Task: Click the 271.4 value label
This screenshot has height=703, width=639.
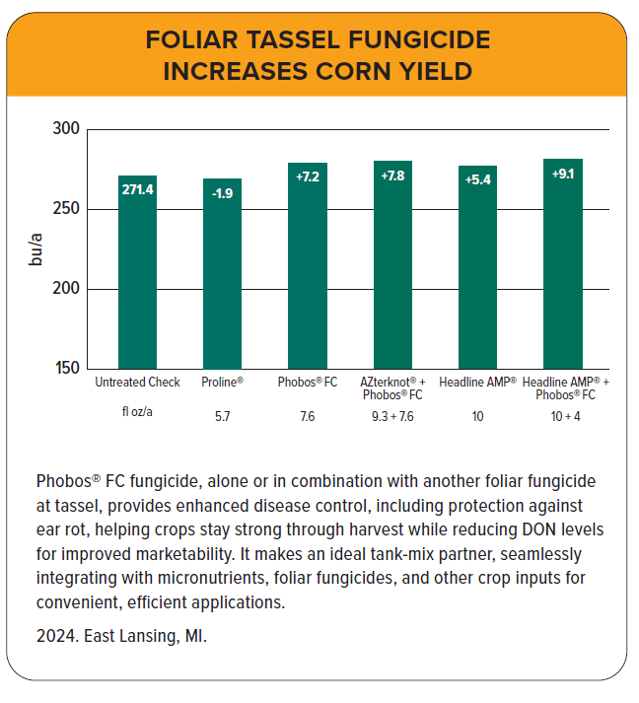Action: pyautogui.click(x=137, y=189)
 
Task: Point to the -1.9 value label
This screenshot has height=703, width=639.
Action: pyautogui.click(x=222, y=192)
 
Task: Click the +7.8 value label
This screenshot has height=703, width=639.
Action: pyautogui.click(x=392, y=176)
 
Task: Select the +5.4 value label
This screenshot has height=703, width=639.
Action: pyautogui.click(x=478, y=179)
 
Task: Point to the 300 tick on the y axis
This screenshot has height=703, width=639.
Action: pyautogui.click(x=65, y=129)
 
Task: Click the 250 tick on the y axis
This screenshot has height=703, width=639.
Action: pyautogui.click(x=65, y=209)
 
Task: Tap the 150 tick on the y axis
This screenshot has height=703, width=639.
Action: pyautogui.click(x=65, y=369)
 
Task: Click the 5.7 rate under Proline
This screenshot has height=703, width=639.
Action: pyautogui.click(x=222, y=416)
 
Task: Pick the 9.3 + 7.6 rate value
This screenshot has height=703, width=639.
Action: pyautogui.click(x=392, y=416)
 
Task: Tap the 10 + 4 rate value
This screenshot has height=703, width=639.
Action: pyautogui.click(x=564, y=416)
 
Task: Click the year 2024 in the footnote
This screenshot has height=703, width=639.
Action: pyautogui.click(x=54, y=636)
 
